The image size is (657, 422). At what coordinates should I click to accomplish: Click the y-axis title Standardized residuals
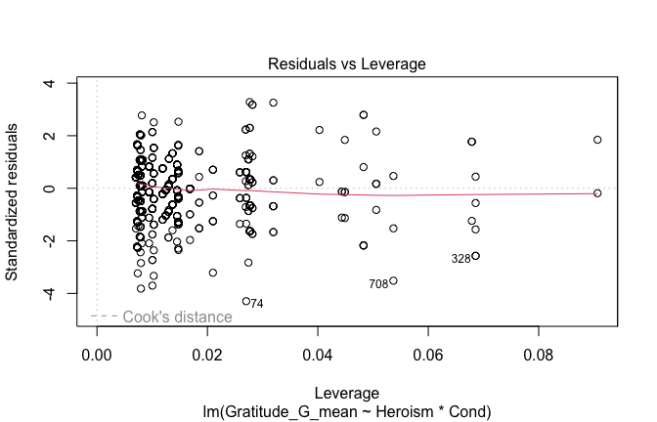tap(14, 202)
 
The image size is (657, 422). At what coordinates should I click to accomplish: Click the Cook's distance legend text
tap(177, 316)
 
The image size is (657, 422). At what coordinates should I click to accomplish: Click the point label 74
tap(256, 304)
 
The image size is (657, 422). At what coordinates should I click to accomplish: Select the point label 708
tap(378, 284)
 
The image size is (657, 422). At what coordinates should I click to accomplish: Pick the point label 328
tap(460, 259)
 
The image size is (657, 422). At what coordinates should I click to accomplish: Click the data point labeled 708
tap(393, 280)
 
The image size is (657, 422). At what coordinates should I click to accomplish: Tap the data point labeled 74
tap(246, 301)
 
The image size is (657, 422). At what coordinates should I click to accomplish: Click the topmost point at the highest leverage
tap(597, 140)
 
